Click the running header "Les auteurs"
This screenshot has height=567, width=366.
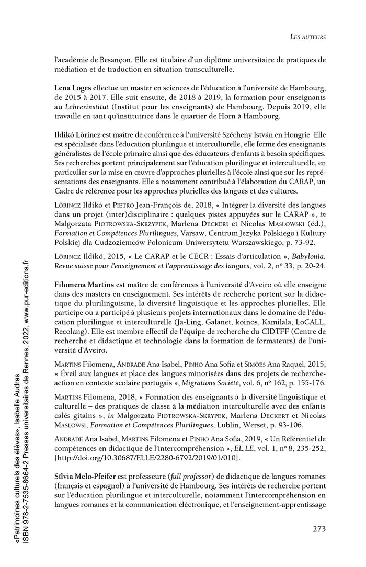pyautogui.click(x=308, y=37)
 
